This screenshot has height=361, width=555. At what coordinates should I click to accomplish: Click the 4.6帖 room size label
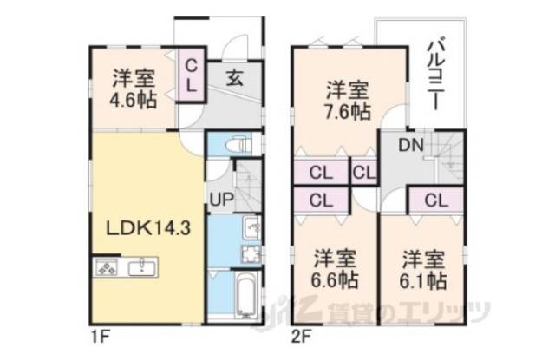point(134,100)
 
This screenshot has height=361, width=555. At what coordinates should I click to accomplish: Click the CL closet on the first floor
point(192,75)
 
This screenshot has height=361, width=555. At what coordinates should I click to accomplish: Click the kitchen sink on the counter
point(139,267)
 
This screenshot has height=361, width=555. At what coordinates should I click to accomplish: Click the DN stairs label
point(410,147)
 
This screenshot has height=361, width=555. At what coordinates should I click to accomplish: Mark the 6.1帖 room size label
point(424,281)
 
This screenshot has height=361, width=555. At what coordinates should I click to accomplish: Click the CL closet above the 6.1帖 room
point(436,200)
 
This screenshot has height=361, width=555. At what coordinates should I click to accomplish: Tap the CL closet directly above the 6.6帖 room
point(320,200)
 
